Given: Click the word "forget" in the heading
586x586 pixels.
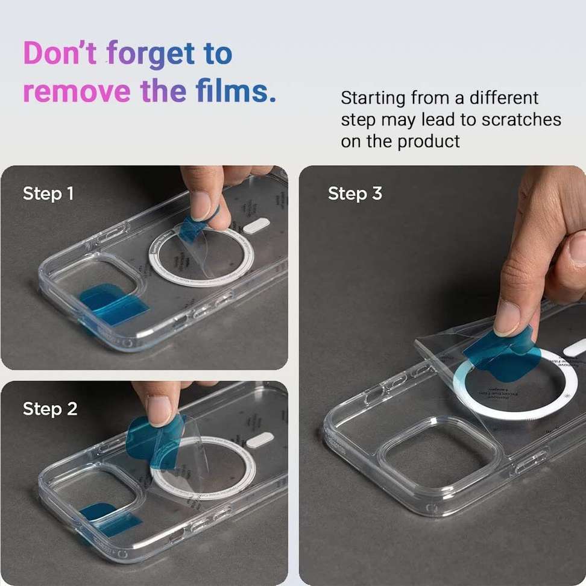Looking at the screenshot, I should [151, 55].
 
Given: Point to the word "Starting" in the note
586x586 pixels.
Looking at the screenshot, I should [373, 98].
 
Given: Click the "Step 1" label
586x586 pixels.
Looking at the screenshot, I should [48, 194].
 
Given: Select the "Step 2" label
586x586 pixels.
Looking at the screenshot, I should [50, 409].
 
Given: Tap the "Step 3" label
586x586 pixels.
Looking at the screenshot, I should [355, 194].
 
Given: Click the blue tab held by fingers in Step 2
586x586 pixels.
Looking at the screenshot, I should [151, 440].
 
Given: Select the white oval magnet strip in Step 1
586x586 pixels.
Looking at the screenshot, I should [258, 226].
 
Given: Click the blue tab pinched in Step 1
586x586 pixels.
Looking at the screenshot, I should [196, 227].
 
